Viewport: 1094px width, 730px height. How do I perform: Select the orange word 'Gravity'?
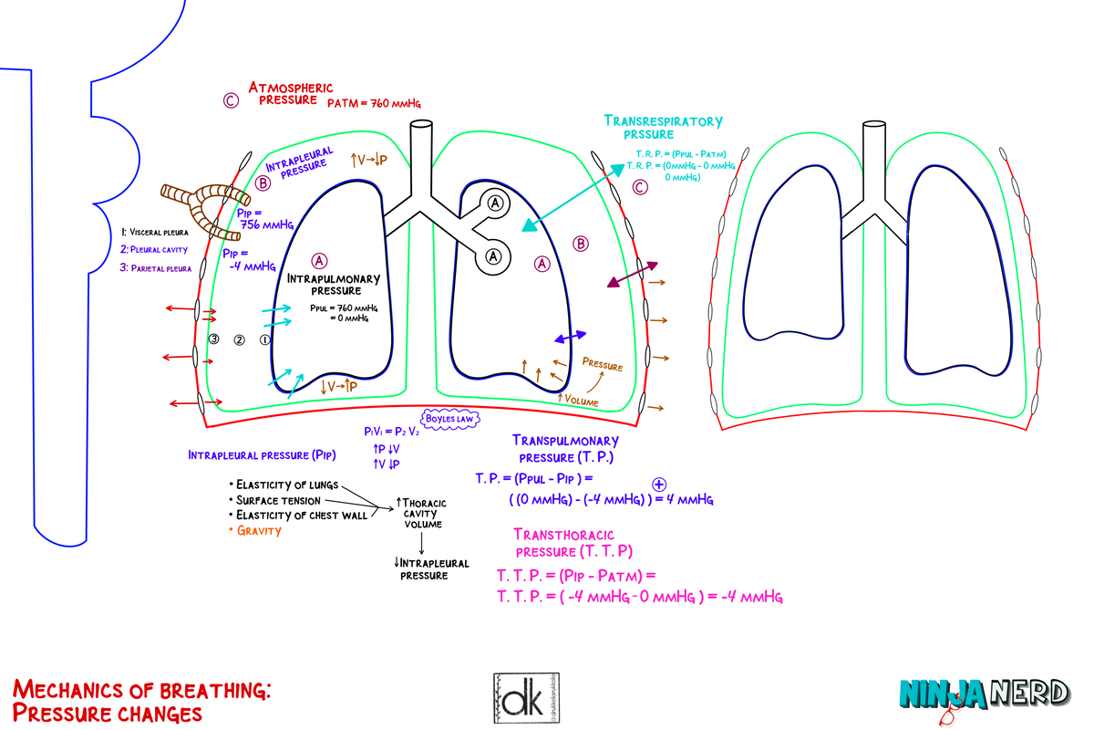259,530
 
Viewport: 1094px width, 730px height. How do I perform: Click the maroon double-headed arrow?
632,275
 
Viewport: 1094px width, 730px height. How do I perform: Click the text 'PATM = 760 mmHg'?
374,104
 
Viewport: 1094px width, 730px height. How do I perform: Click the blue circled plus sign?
659,485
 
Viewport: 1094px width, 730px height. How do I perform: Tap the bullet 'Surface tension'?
277,500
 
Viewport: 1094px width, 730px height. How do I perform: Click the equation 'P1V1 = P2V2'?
390,432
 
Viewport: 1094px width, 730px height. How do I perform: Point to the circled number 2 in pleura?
240,339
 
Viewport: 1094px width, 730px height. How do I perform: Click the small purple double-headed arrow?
571,337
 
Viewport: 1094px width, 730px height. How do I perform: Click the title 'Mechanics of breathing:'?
141,689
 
